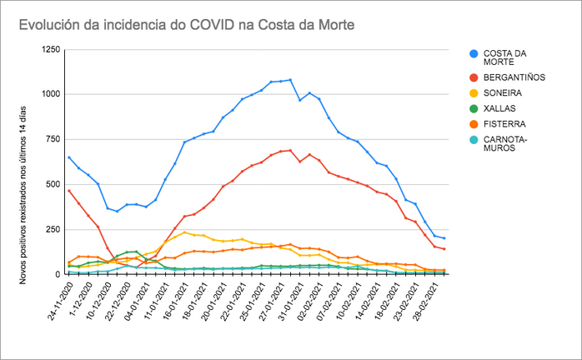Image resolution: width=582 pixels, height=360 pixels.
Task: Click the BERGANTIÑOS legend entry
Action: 514,77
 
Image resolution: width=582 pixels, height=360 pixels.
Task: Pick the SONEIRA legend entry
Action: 504,93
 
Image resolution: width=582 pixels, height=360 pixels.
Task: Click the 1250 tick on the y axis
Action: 50,50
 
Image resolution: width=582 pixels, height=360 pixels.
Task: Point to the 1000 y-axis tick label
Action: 50,94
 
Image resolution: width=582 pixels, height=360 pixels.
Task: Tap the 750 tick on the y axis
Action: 53,139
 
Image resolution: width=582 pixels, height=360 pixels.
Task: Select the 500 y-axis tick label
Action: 53,184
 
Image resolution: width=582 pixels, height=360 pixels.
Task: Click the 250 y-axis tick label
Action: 53,229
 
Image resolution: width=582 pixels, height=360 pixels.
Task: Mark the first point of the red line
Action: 69,191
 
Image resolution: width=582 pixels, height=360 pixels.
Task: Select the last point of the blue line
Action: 444,238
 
